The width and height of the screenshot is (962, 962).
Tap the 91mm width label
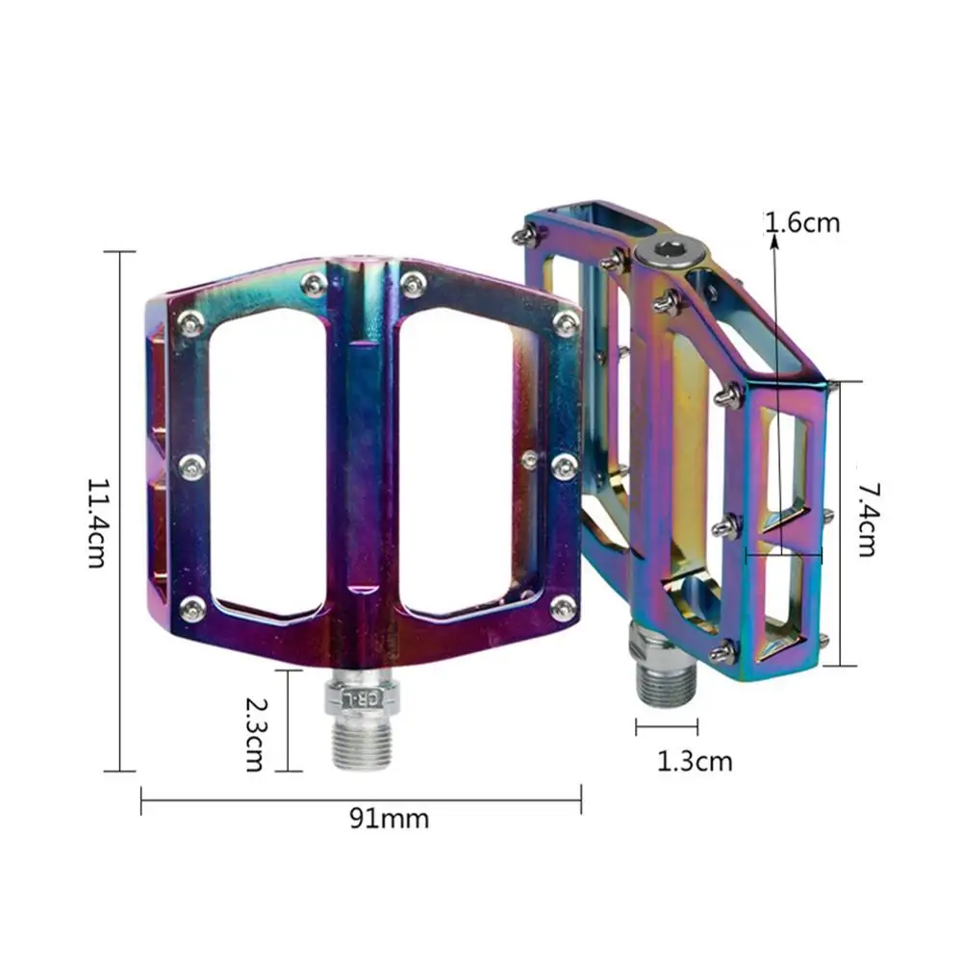coord(389,820)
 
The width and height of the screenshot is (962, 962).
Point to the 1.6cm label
coord(804,223)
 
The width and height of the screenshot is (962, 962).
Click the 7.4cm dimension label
coord(865,519)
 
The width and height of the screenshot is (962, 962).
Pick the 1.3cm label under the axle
coord(695,762)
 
